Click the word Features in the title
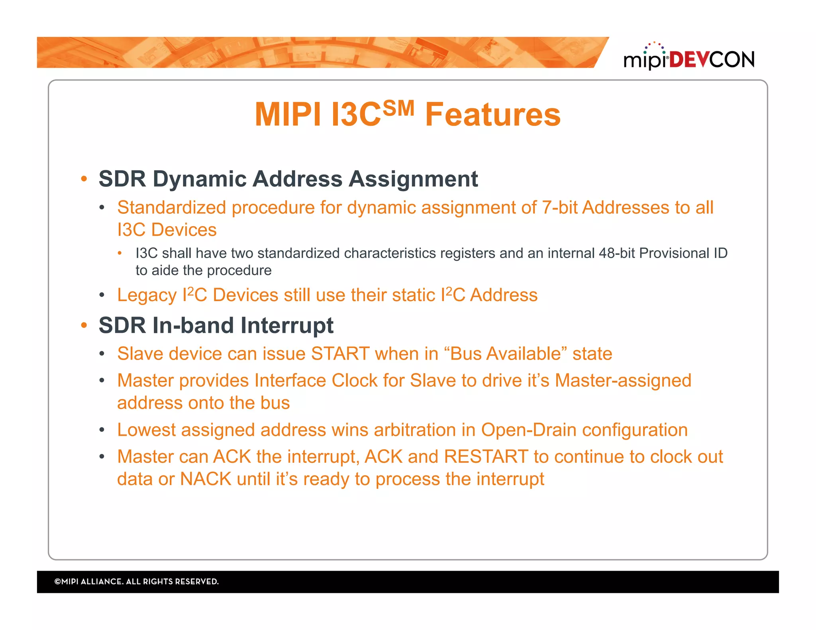tap(493, 115)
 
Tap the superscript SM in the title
tap(398, 108)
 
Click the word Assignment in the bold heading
tap(413, 179)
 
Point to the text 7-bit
tap(559, 207)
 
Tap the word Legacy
tap(147, 295)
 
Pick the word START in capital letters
tap(340, 354)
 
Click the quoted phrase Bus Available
tap(505, 354)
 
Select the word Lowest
tap(146, 430)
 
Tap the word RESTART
tap(486, 457)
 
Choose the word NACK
tap(206, 479)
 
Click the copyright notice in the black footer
tap(136, 581)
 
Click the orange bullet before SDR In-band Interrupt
tap(84, 325)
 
